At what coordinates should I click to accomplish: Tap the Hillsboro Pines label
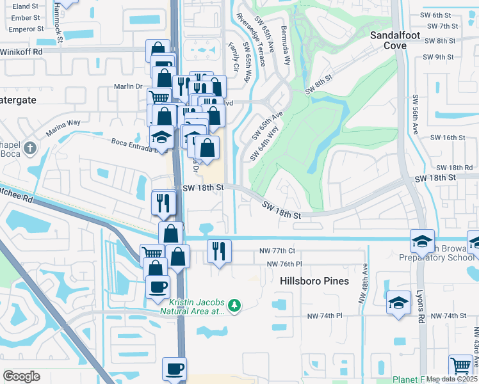[314, 281]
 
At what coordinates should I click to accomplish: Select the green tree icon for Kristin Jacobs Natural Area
[235, 305]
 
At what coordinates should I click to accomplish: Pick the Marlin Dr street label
[127, 86]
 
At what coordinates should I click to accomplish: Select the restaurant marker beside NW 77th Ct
[219, 252]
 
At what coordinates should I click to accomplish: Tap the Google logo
[21, 376]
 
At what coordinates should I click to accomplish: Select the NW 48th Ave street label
[364, 284]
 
